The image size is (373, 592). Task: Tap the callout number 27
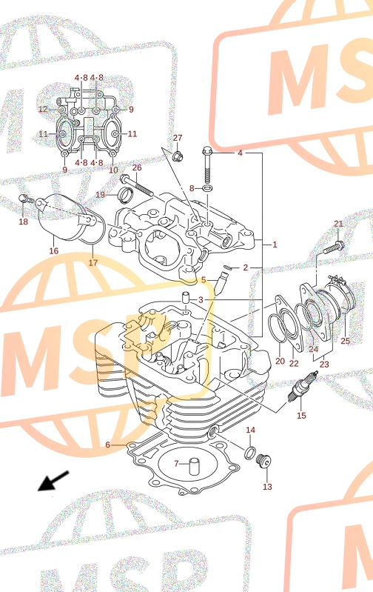(x=178, y=138)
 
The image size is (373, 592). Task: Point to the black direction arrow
(x=53, y=481)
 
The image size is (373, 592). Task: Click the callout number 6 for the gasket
(x=107, y=445)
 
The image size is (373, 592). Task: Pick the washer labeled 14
(x=250, y=452)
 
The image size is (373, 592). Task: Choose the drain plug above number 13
(x=263, y=462)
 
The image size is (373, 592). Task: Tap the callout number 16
(x=54, y=250)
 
